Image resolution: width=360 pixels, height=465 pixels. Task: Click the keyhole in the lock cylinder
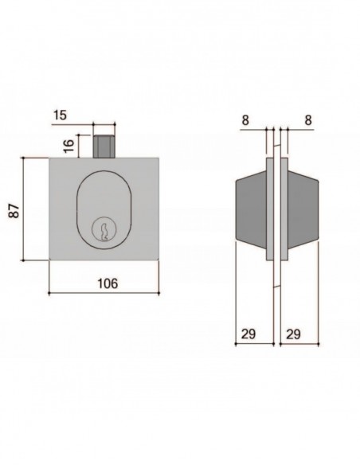[103, 232]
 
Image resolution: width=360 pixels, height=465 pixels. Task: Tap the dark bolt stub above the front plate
[102, 146]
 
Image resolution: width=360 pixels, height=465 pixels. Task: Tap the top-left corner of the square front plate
[49, 158]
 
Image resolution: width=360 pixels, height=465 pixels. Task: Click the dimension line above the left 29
[254, 344]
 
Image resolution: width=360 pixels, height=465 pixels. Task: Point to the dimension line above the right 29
[297, 344]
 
